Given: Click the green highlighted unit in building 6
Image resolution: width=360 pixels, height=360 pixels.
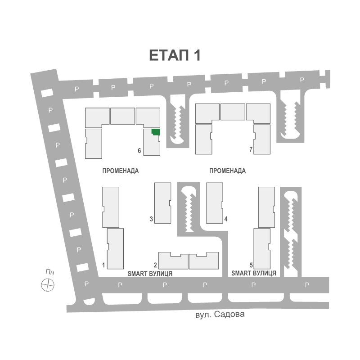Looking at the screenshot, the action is (x=156, y=132).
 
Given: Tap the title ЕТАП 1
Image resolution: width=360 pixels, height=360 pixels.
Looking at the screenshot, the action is (x=175, y=55).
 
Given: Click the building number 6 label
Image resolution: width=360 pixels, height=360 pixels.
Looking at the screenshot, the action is (x=139, y=151).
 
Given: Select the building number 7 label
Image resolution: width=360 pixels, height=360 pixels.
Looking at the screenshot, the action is (x=251, y=149).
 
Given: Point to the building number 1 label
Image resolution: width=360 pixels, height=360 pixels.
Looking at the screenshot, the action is (x=103, y=265).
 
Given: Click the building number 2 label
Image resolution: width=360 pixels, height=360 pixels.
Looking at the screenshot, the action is (x=155, y=265).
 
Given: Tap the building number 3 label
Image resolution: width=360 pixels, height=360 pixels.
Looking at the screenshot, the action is (x=151, y=219).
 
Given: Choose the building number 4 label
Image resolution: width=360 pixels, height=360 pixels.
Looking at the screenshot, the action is (x=226, y=219).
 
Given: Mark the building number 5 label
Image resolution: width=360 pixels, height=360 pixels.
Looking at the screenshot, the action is (x=252, y=265).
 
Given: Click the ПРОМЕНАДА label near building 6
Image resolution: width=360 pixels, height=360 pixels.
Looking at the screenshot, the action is (x=121, y=171).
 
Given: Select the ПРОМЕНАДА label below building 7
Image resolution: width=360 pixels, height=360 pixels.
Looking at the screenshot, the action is (x=228, y=171).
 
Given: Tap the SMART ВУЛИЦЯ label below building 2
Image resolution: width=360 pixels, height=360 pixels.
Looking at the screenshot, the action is (x=150, y=274).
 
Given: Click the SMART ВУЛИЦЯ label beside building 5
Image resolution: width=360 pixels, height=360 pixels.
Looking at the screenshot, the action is (x=254, y=273).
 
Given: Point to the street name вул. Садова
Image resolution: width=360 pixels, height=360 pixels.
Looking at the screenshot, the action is (x=220, y=314).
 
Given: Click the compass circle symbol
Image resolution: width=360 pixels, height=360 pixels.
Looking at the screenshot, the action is (x=48, y=285).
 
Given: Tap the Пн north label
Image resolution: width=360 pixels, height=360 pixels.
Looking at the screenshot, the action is (x=50, y=272).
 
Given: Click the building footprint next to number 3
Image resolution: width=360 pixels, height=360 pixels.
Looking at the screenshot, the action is (x=162, y=203).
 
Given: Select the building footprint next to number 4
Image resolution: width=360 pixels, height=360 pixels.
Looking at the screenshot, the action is (x=215, y=203).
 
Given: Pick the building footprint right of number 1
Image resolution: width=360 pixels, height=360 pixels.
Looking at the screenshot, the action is (x=115, y=249).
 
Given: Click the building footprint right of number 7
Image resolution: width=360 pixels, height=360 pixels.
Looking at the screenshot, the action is (x=262, y=139).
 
